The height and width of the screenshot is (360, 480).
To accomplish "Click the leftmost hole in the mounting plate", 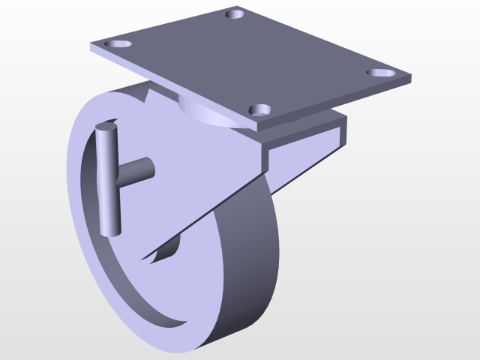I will (118, 44).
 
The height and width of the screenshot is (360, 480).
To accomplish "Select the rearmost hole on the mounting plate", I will (237, 13).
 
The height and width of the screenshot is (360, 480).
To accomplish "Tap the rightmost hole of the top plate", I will (381, 73).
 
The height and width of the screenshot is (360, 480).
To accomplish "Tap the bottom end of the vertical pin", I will (111, 231).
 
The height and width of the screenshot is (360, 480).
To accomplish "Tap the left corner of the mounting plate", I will (91, 47).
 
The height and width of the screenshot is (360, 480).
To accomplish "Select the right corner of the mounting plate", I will (410, 76).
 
